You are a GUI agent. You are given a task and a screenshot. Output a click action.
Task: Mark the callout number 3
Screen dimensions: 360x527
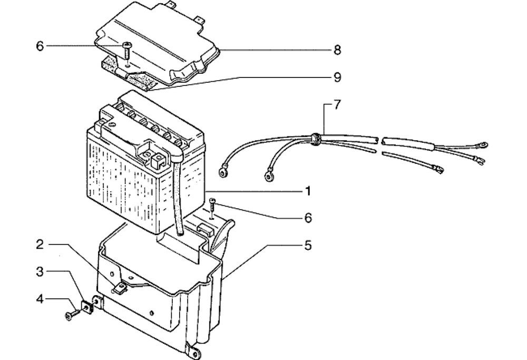(x=40, y=272)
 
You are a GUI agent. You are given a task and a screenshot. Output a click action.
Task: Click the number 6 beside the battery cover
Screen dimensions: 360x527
(x=40, y=46)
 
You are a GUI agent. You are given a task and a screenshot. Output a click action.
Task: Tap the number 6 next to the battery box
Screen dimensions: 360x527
(x=307, y=217)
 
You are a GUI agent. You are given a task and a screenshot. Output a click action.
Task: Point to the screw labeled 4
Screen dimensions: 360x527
(x=71, y=315)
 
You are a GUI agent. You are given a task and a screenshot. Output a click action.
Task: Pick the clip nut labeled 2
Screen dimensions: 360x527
(x=120, y=287)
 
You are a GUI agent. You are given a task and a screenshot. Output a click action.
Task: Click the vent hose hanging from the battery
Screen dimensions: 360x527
(x=177, y=200)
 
